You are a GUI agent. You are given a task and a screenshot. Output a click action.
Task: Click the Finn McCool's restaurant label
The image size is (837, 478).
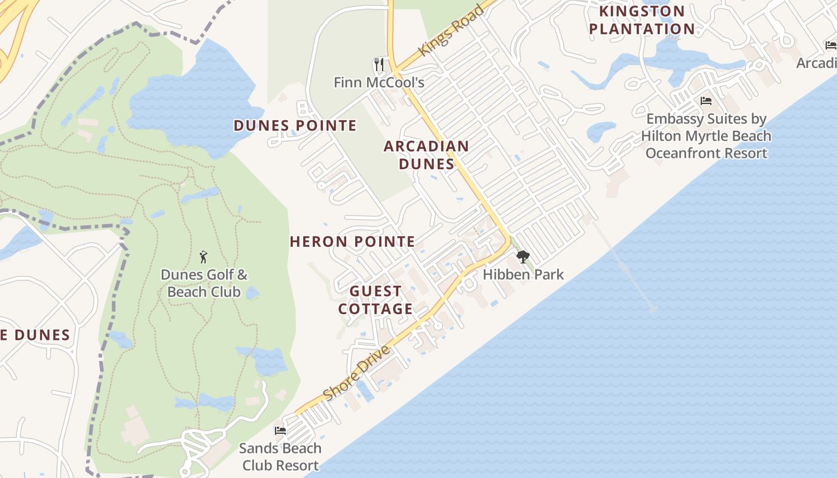(379, 82)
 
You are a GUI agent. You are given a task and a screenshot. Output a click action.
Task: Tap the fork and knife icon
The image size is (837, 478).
(378, 64)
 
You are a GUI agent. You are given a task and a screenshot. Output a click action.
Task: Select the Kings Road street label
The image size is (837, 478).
(451, 32)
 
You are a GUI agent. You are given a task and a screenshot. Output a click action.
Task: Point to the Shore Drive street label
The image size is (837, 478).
(356, 373)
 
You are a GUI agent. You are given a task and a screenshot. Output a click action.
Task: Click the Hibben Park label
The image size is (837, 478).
(523, 275)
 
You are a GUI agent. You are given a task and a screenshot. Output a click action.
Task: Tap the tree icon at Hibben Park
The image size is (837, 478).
(523, 257)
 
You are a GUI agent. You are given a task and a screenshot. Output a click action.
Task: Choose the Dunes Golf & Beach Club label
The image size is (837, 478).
(204, 283)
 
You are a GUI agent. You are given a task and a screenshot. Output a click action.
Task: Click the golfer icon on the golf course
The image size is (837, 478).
(203, 257)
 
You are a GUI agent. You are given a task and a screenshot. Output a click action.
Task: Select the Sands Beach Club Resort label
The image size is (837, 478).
(280, 456)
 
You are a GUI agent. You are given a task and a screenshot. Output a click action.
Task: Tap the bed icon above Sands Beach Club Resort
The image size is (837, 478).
(280, 430)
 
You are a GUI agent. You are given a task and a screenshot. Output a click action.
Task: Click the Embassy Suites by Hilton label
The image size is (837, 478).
(706, 136)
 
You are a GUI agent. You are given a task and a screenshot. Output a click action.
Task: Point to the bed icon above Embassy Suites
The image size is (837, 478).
(706, 100)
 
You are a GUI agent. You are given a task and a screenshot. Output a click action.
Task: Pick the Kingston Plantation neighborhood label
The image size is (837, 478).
(642, 20)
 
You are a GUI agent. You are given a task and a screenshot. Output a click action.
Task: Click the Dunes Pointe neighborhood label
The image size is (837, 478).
(295, 125)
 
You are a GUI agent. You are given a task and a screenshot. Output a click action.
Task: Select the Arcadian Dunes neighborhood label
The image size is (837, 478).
(426, 155)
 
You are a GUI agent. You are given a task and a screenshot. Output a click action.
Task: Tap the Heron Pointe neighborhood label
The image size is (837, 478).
(352, 242)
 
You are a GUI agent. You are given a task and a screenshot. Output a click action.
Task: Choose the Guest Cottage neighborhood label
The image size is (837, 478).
(375, 300)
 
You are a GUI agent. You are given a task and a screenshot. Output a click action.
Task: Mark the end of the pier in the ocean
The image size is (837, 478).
(652, 309)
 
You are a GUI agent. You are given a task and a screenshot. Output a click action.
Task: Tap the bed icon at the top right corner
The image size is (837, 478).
(830, 45)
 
